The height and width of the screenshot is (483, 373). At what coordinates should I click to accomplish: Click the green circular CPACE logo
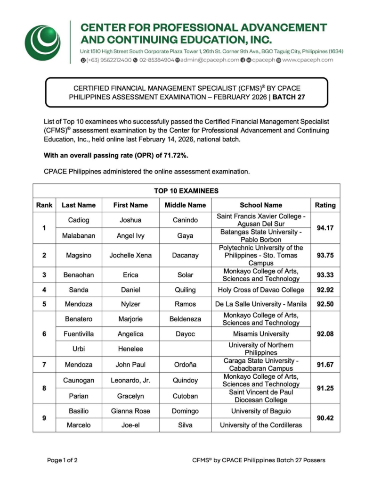(x=43, y=42)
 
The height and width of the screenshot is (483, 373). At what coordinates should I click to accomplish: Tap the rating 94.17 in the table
(x=325, y=228)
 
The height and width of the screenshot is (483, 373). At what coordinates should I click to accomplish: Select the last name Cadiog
(x=79, y=220)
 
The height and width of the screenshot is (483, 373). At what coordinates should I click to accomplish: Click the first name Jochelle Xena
(x=130, y=255)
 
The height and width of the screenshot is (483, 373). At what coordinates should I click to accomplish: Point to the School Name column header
(x=261, y=205)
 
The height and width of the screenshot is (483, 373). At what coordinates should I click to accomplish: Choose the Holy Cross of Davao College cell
(x=261, y=290)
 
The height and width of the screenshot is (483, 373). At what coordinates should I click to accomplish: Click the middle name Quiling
(x=185, y=290)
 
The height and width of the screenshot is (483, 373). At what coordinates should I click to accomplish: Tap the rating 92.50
(x=325, y=304)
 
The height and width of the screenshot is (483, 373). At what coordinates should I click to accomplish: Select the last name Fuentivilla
(x=79, y=333)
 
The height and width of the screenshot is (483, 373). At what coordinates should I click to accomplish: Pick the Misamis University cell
(x=261, y=333)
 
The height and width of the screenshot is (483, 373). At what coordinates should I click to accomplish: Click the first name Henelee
(x=130, y=349)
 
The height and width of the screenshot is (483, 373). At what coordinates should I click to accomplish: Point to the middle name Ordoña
(x=185, y=364)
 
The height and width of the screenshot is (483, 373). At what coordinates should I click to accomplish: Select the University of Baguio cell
(x=261, y=411)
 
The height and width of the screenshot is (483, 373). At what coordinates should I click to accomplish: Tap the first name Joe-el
(x=130, y=425)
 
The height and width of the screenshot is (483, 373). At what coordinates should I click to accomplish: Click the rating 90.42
(x=325, y=418)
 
